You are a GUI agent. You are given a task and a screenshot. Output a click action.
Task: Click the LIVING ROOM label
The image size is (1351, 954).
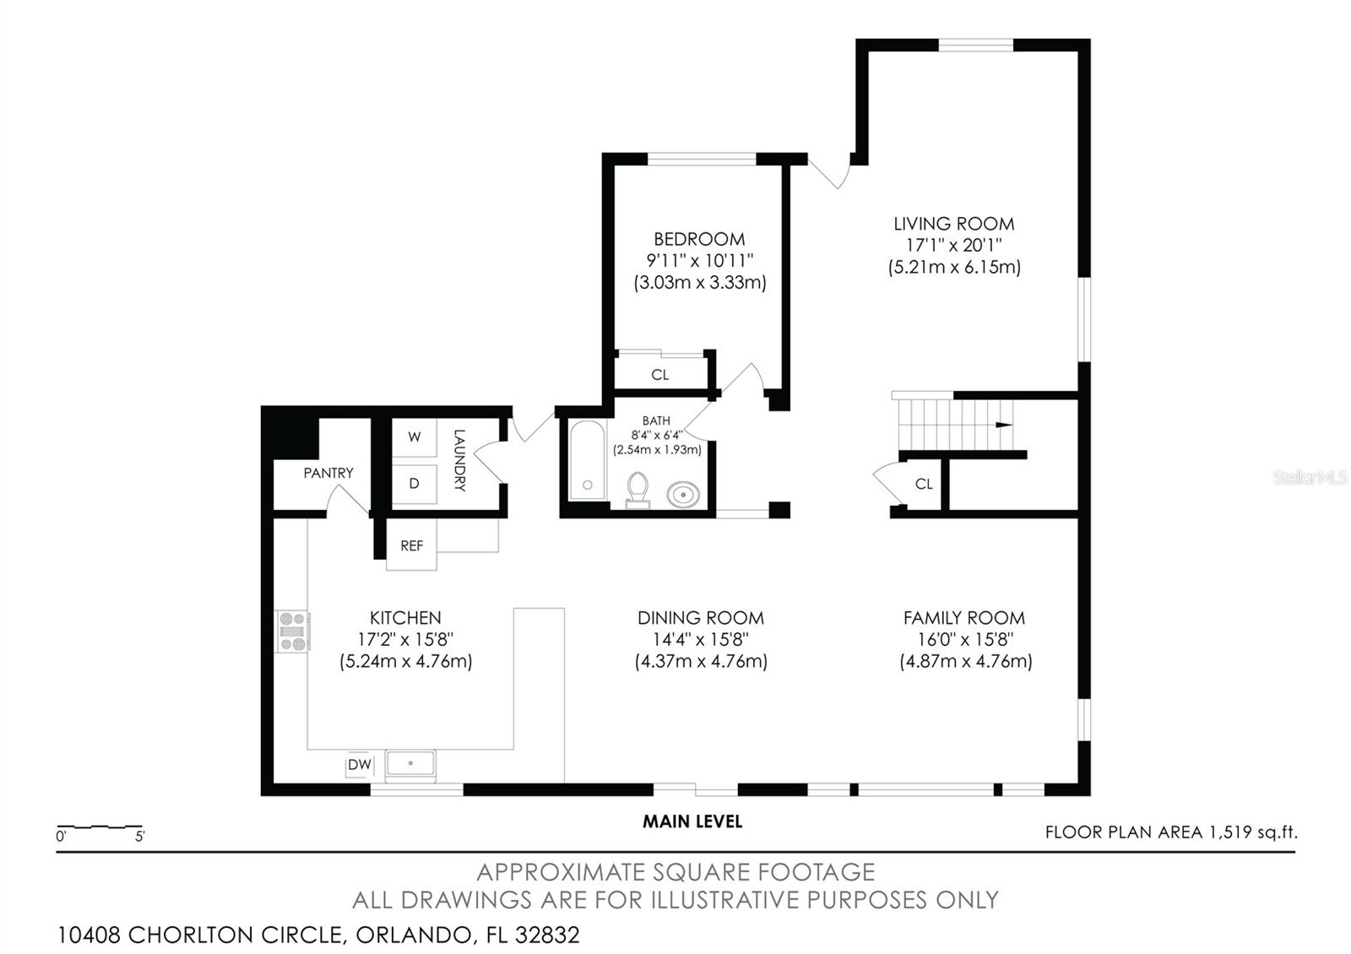coord(953,224)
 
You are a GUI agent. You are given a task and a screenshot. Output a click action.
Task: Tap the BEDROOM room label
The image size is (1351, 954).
coord(699,239)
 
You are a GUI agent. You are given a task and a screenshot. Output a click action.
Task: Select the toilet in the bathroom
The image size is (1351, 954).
coord(638,490)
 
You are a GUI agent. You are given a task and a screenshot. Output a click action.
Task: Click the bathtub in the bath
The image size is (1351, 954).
coord(587,462)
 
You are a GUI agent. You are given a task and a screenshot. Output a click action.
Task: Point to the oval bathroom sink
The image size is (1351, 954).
coord(683,494)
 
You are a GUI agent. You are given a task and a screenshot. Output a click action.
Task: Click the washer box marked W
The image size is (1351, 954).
coord(414,437)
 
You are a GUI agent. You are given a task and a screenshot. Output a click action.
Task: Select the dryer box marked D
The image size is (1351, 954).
coord(414,484)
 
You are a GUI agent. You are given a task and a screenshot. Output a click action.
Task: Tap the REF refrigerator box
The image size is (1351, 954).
coord(411,546)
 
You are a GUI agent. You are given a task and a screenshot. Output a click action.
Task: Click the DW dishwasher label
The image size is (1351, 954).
coord(360,765)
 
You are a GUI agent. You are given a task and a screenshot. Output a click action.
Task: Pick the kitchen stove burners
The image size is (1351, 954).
coord(292,631)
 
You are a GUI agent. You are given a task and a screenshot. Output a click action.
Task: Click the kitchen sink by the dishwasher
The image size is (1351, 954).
coord(410,763)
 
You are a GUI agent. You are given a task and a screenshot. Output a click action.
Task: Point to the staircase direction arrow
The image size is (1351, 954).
coord(1003,425)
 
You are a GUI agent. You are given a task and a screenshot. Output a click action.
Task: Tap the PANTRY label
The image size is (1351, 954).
coord(328,473)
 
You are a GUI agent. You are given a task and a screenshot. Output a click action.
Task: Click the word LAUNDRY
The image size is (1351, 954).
coord(459,460)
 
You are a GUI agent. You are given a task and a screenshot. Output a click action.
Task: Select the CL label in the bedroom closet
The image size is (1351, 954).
coord(660,375)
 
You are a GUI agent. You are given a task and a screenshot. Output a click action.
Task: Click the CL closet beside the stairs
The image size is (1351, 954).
coord(924,484)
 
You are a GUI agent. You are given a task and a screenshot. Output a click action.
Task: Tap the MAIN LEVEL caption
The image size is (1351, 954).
coord(692,821)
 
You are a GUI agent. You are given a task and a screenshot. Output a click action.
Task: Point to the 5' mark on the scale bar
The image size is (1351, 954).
coord(139,837)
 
